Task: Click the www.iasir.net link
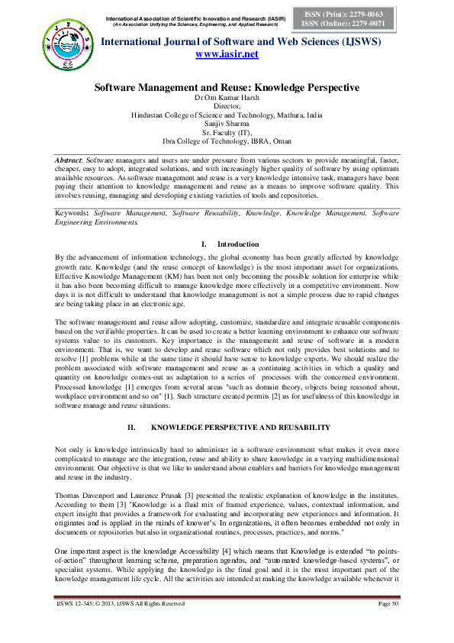pos(227,54)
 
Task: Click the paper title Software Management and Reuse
pos(227,88)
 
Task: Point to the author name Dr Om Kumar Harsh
pos(227,99)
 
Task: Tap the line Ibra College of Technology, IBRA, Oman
pos(227,141)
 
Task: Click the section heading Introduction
pos(239,244)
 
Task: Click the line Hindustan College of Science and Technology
pos(227,115)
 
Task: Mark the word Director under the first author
pos(227,106)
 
